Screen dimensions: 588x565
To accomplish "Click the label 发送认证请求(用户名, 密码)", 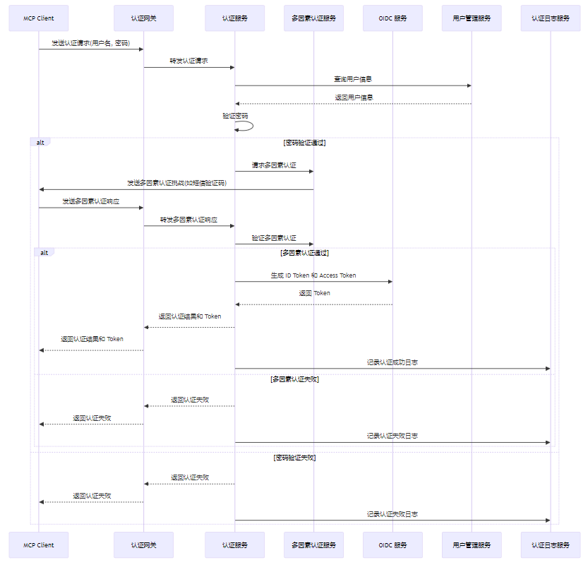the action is (x=90, y=43).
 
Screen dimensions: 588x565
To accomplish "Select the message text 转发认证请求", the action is (x=188, y=61).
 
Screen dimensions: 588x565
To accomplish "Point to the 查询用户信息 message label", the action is (x=353, y=79).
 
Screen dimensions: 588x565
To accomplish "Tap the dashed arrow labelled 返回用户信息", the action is (x=353, y=104).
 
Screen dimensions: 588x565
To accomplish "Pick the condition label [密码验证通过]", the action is (x=304, y=142).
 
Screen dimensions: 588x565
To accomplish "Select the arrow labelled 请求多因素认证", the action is (x=274, y=172).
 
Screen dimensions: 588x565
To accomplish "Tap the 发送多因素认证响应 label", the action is (x=90, y=201).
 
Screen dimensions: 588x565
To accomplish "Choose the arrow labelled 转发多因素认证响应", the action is (x=188, y=226).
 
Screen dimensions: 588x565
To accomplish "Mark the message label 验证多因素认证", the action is (x=274, y=238).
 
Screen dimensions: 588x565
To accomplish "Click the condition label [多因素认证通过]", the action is (x=304, y=252).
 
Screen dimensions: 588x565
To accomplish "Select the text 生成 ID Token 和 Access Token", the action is (x=313, y=275).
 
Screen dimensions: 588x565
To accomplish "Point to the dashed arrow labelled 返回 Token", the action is (x=313, y=304).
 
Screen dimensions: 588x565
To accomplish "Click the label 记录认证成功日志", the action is (x=392, y=362).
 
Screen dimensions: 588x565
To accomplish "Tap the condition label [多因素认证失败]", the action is (x=294, y=379).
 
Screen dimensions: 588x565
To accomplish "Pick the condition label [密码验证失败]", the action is (x=294, y=458).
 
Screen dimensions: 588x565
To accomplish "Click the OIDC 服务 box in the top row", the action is (x=392, y=18).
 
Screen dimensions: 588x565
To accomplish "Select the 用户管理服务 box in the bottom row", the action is (x=472, y=545).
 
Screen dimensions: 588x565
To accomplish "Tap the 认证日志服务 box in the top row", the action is (x=550, y=18).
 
